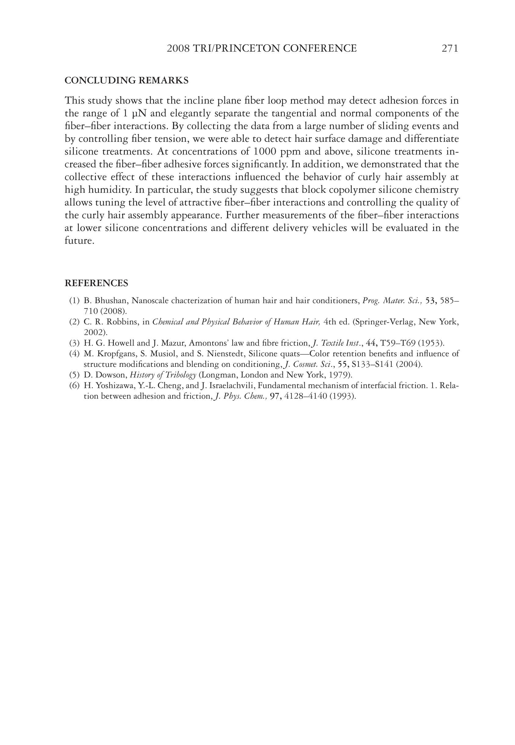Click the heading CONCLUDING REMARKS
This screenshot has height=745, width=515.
click(126, 80)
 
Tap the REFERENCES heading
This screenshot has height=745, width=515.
click(96, 283)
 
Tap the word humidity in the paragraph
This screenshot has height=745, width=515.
click(110, 190)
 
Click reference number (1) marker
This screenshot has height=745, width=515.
click(74, 301)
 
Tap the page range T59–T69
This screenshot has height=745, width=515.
click(398, 343)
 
